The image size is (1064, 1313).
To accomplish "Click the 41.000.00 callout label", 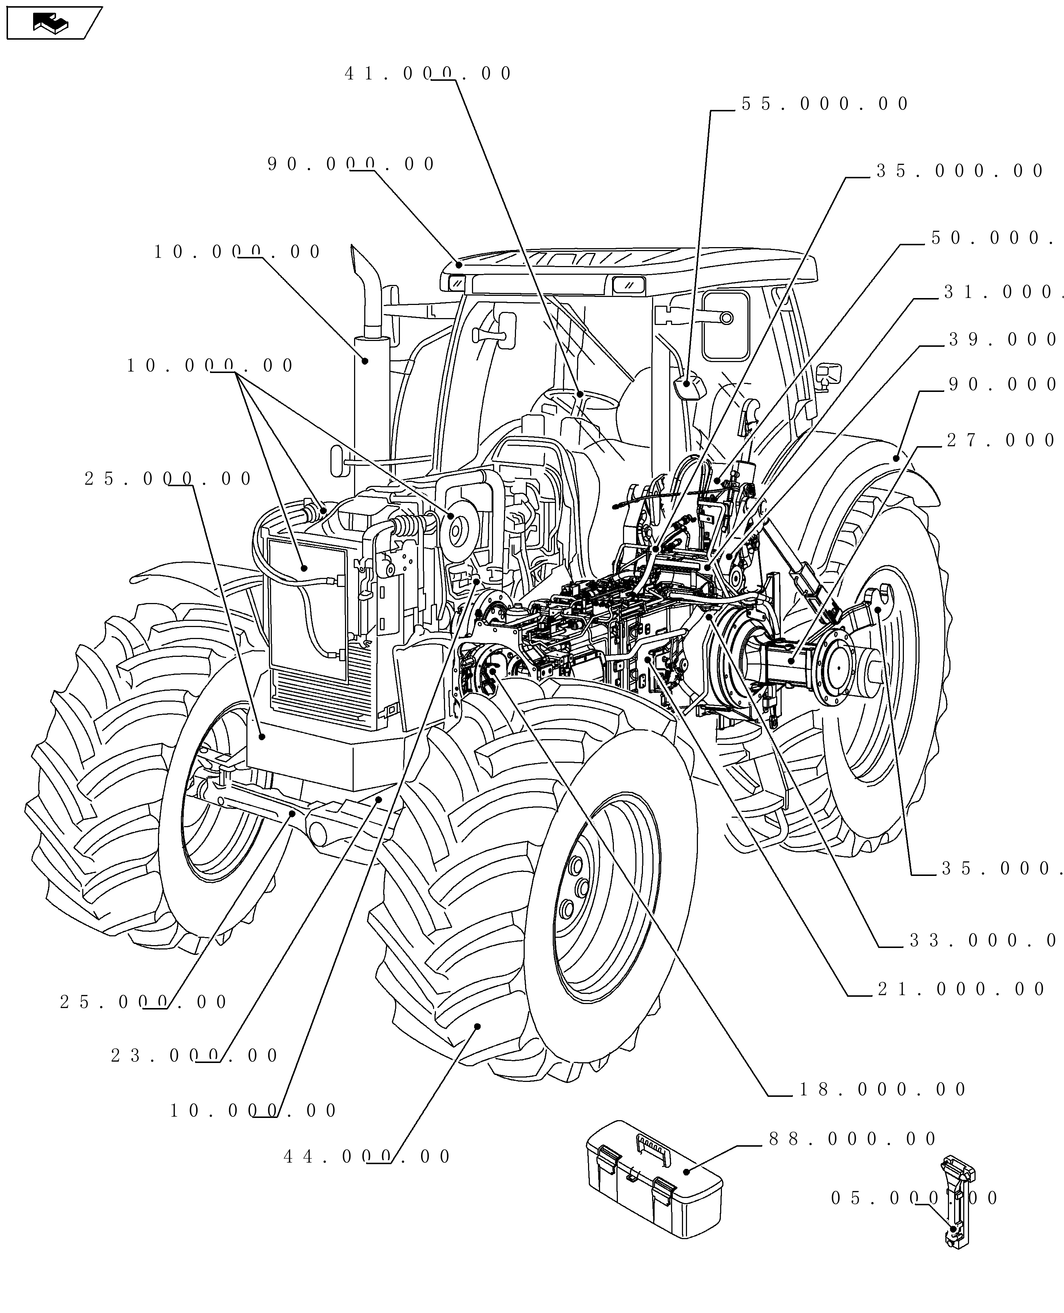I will [x=428, y=74].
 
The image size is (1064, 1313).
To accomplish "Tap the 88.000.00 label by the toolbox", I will [x=852, y=1139].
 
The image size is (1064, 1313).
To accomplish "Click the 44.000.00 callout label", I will [x=366, y=1157].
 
